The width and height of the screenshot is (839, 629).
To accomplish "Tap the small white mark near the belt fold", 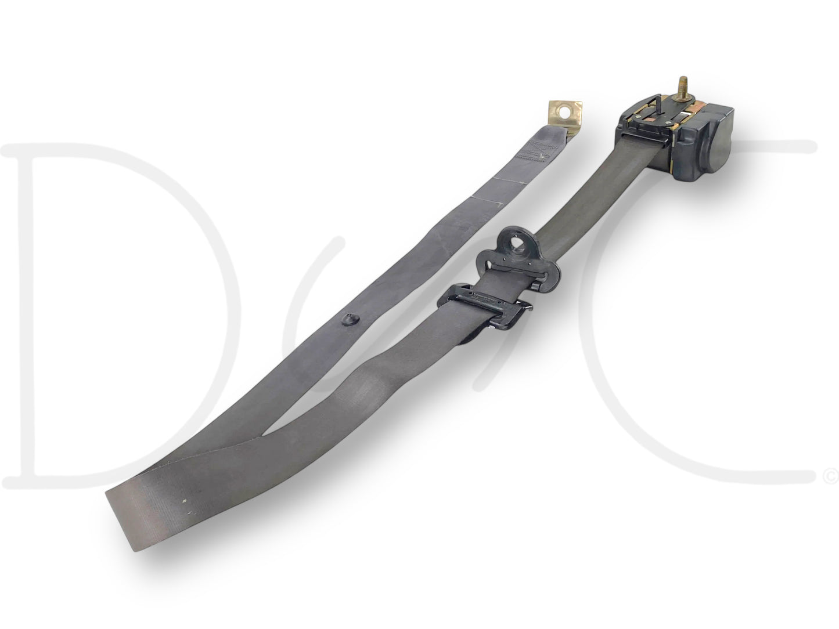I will (x=185, y=500).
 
